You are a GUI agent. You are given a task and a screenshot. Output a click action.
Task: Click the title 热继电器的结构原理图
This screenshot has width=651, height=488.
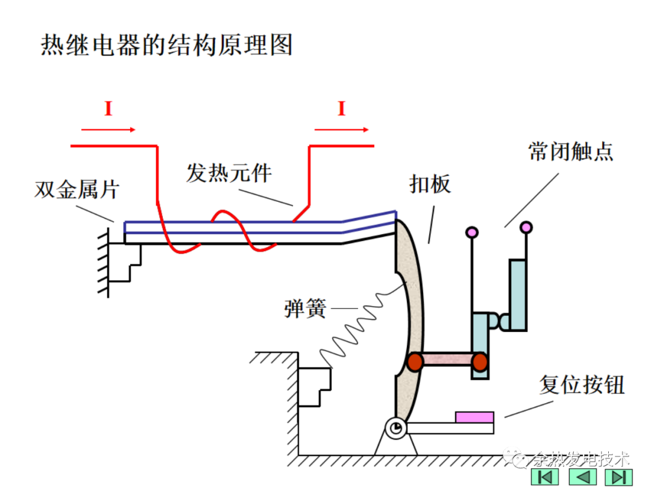(x=166, y=45)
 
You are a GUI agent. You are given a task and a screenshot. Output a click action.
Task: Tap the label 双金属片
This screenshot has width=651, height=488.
(x=77, y=190)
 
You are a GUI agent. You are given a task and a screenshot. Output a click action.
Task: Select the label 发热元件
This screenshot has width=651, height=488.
(x=229, y=173)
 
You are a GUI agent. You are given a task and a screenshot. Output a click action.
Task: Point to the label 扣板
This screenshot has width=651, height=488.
(x=430, y=184)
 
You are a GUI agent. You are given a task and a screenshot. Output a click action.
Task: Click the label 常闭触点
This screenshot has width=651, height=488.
(x=570, y=151)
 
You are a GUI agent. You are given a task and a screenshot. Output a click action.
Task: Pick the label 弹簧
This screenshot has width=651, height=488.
(x=305, y=309)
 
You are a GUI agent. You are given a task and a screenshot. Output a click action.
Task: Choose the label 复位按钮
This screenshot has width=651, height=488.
(x=582, y=385)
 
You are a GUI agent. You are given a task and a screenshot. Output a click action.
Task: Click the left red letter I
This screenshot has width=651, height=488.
(x=108, y=109)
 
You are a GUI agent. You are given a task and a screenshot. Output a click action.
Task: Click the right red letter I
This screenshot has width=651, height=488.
(x=342, y=109)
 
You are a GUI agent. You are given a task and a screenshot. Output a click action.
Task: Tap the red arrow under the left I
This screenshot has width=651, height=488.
(x=108, y=129)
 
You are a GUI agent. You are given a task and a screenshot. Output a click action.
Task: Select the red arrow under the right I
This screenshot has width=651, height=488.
(x=342, y=129)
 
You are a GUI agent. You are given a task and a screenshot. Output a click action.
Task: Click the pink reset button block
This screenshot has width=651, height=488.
(x=474, y=417)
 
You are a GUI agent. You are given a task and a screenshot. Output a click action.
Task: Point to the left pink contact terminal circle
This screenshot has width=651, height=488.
(x=472, y=232)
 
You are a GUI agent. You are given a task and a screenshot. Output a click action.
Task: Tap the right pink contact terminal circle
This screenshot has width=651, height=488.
(x=526, y=227)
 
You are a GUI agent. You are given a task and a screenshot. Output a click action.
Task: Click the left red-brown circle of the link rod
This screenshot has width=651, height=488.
(x=415, y=361)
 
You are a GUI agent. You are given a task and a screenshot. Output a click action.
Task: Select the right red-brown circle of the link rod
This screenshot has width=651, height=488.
(x=479, y=361)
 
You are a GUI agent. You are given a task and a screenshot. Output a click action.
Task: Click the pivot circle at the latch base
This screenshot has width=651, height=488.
(x=396, y=428)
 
